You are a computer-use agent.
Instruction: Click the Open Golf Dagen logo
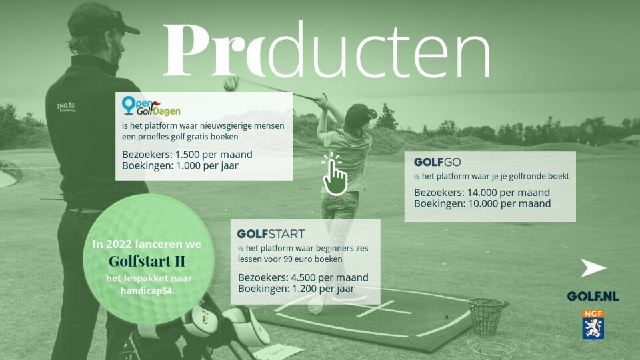151,106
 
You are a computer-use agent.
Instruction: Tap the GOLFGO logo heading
437,163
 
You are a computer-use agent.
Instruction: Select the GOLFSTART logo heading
271,234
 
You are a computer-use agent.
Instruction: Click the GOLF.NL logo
593,296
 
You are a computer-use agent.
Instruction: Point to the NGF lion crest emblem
593,325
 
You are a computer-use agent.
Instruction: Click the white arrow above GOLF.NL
593,268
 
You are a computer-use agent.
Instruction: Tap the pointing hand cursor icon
334,174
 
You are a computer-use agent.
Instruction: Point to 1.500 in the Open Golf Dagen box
187,155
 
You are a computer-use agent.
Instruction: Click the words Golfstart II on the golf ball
147,261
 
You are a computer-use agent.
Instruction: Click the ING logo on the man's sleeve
66,107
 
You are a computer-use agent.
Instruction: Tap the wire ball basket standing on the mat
486,316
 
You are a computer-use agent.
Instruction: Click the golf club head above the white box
231,84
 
